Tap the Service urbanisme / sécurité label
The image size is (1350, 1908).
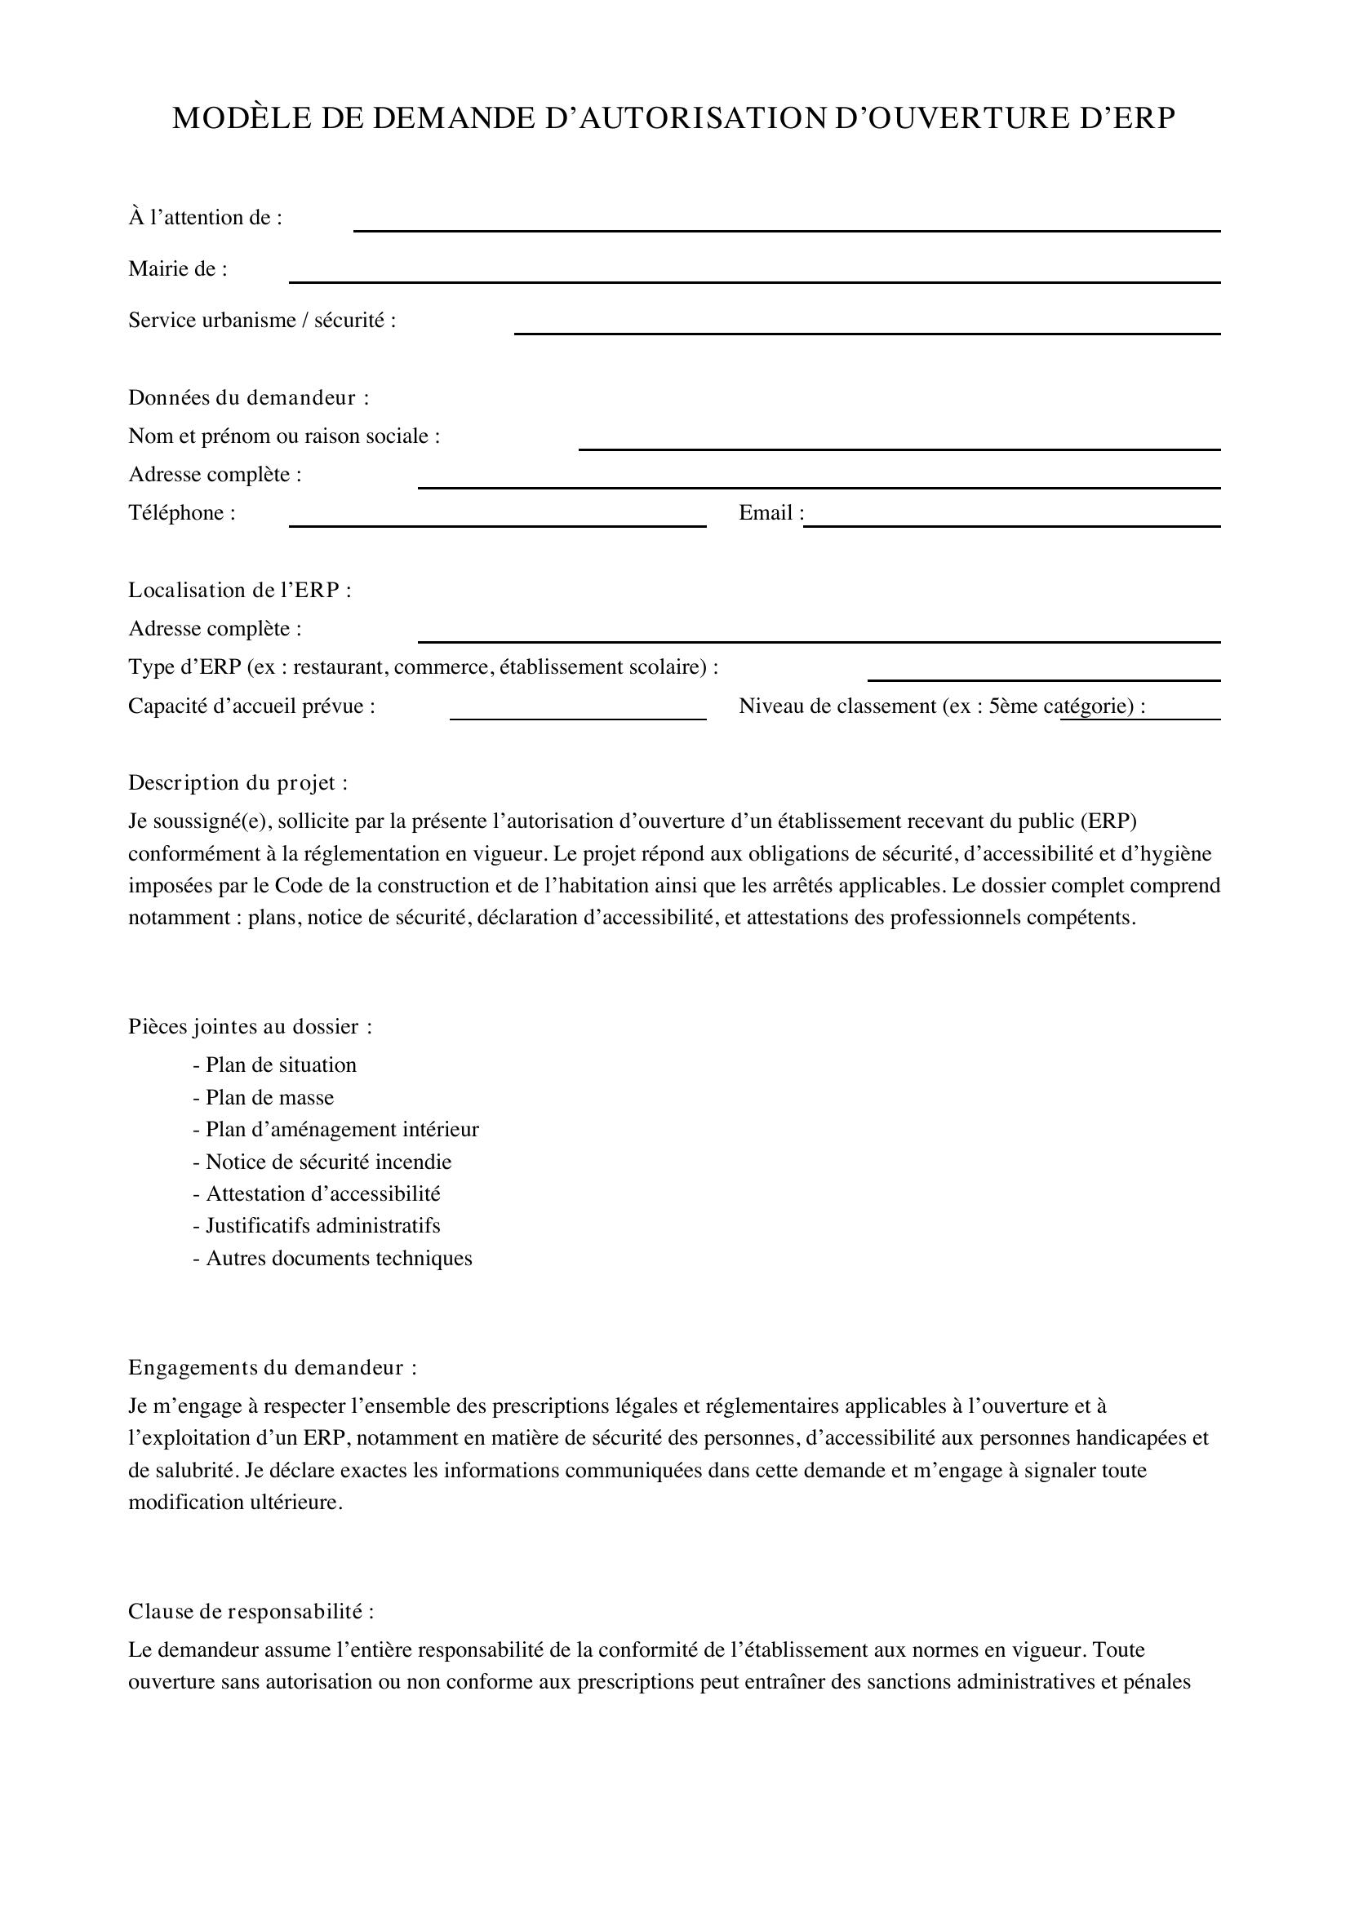click(x=262, y=321)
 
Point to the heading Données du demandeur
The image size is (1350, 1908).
click(x=249, y=398)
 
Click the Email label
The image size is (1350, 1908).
click(x=770, y=514)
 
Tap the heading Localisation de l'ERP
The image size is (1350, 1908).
click(x=239, y=591)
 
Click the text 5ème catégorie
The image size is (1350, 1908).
click(x=1060, y=706)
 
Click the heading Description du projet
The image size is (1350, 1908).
click(x=238, y=783)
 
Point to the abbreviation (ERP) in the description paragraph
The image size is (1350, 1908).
click(x=1108, y=822)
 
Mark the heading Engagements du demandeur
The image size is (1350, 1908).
click(x=272, y=1368)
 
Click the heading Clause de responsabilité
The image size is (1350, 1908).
click(x=251, y=1611)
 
